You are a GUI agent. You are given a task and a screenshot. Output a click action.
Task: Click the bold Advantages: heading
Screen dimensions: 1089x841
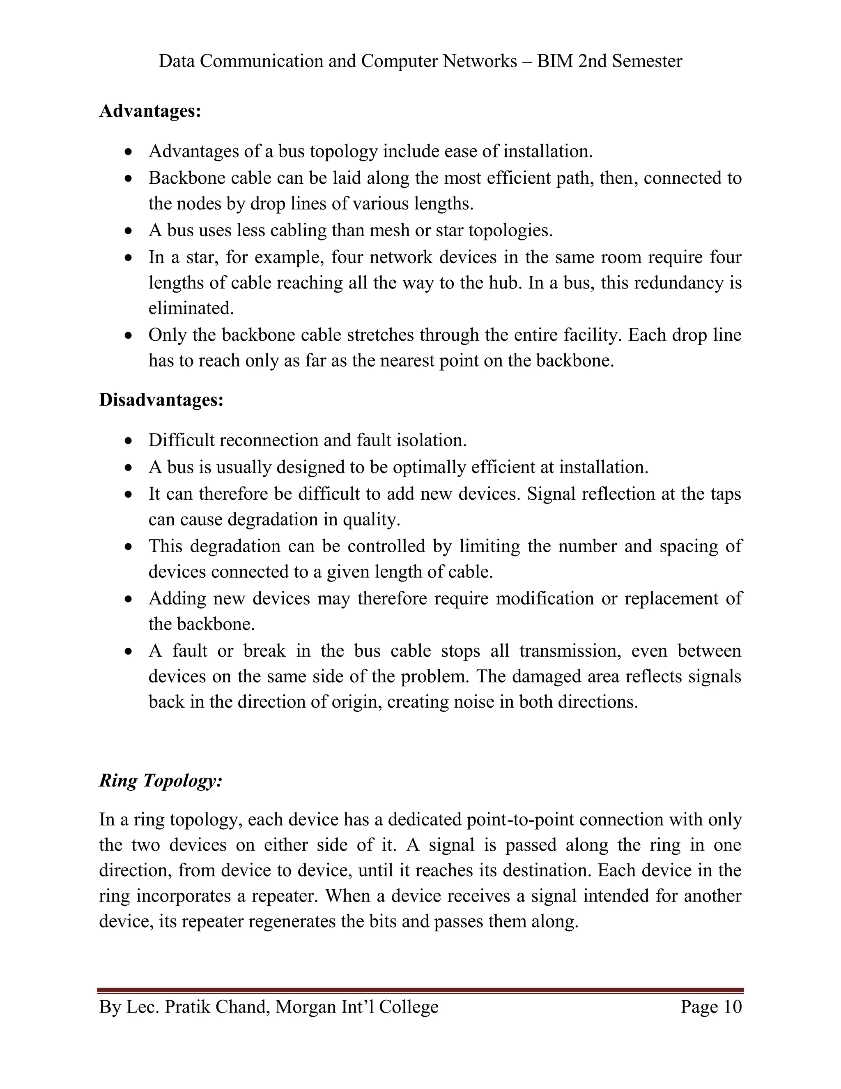pos(150,111)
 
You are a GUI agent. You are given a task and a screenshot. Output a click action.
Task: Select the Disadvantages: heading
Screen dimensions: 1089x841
pos(161,400)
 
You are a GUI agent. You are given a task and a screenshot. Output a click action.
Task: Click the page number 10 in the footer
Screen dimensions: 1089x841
pos(733,1007)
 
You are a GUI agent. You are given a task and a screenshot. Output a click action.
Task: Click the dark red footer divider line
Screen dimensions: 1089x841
pos(420,990)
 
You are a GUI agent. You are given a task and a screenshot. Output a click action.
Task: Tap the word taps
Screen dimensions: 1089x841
pos(725,494)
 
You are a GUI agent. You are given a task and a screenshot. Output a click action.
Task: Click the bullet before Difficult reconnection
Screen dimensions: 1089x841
pos(129,441)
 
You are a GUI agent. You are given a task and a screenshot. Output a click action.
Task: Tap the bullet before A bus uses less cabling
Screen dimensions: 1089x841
pos(129,231)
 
